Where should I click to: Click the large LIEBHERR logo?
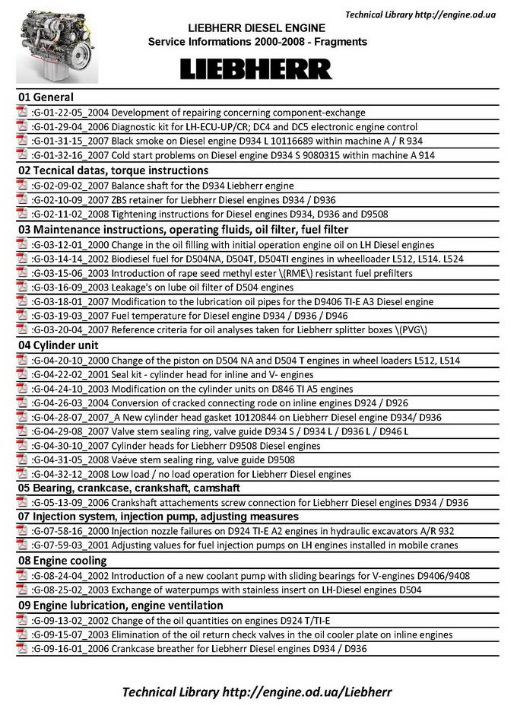point(256,69)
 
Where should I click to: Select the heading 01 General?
point(46,97)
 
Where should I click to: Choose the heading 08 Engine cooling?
point(62,561)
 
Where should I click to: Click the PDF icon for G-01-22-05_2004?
point(23,113)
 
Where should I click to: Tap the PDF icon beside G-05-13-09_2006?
point(23,503)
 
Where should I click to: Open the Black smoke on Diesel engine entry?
point(228,141)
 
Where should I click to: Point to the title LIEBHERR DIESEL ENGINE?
point(256,27)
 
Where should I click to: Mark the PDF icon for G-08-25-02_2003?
point(23,590)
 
